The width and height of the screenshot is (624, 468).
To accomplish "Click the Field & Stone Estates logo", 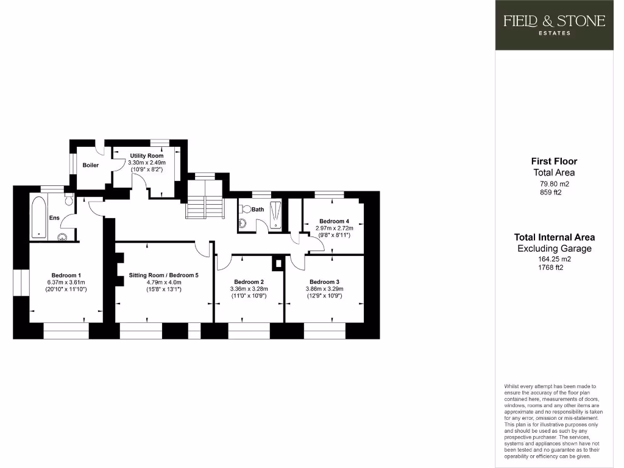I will [x=554, y=24].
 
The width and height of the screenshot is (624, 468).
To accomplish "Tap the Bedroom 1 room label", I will [x=66, y=274].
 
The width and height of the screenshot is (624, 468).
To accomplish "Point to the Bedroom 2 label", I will [x=249, y=282].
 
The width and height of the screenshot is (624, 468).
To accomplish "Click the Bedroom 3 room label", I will [x=324, y=282].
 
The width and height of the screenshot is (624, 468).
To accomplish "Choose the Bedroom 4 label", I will [x=334, y=221].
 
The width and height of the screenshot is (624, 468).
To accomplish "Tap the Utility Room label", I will [x=147, y=156].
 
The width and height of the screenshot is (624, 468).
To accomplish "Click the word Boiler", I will [x=91, y=165].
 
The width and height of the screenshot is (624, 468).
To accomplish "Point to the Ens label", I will [x=54, y=217].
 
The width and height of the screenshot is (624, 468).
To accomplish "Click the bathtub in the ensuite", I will [x=38, y=216].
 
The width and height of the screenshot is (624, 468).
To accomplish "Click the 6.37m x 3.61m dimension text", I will [x=66, y=282].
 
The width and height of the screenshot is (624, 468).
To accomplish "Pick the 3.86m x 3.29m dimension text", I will [x=324, y=289].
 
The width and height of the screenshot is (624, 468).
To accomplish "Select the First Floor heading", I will [x=554, y=161].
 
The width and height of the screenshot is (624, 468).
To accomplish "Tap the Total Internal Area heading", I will [x=554, y=237].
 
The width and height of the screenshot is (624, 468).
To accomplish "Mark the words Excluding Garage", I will [x=554, y=249].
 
